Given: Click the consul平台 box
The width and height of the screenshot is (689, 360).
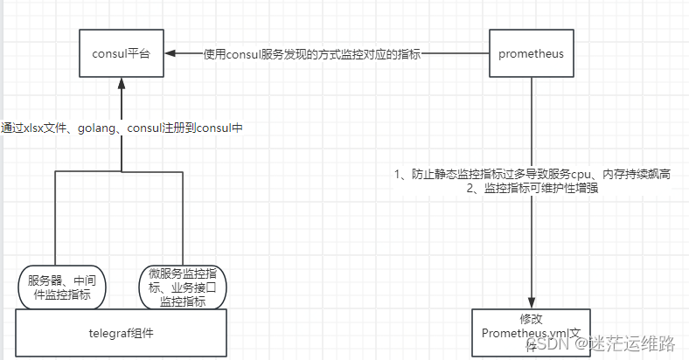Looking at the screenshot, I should coord(121,53).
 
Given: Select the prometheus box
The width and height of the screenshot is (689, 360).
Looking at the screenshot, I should coord(531,53).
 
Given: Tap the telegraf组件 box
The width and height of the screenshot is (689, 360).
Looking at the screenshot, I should coord(122,334).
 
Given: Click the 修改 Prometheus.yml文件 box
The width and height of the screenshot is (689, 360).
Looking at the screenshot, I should coord(531,332).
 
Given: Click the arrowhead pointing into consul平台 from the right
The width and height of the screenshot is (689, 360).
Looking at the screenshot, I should coord(170,53).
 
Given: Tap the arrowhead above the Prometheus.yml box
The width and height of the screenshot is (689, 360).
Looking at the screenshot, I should coord(531,301).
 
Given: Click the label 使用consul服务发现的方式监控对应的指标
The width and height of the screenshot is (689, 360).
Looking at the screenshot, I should coord(312,54).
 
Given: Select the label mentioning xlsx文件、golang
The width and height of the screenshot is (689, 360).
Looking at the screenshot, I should coord(122,128).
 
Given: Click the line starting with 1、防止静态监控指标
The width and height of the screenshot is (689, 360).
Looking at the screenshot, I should coord(532,175).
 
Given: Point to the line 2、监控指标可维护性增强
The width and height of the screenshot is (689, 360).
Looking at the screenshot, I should coord(532,189).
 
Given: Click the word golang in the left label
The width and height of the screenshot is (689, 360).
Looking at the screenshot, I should coord(97,128).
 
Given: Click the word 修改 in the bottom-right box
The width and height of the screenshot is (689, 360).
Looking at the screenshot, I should coord(531,319).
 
